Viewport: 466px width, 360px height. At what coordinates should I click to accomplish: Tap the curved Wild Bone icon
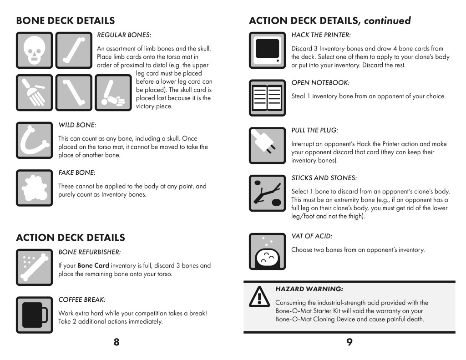34,140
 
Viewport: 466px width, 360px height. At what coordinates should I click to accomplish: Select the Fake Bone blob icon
34,188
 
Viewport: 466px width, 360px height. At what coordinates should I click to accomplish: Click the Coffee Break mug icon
34,314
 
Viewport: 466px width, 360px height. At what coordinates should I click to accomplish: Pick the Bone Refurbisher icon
34,267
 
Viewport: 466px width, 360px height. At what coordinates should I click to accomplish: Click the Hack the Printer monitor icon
267,50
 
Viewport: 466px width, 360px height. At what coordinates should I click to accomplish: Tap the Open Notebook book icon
267,97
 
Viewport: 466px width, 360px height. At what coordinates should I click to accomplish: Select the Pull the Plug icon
267,145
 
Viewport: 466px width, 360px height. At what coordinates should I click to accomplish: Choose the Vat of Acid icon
267,251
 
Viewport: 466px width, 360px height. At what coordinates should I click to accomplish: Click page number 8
116,343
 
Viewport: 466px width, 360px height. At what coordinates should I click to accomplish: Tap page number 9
349,343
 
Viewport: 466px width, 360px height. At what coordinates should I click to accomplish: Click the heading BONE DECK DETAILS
65,20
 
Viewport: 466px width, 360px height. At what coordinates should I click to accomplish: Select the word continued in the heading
387,20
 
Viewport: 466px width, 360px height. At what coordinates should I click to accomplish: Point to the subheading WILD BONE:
77,125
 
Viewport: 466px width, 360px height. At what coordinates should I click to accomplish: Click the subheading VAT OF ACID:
312,236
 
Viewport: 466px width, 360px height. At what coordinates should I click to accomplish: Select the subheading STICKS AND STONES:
324,177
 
